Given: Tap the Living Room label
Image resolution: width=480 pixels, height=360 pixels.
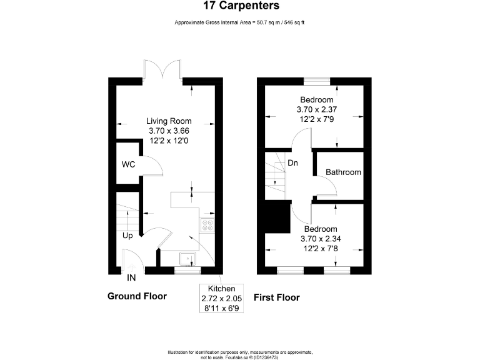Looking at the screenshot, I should (169, 121).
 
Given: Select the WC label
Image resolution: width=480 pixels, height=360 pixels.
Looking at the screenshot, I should (128, 165).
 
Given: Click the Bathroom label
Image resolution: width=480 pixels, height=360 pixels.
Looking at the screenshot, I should (343, 172).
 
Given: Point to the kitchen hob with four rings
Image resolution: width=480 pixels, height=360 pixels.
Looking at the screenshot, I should (207, 226).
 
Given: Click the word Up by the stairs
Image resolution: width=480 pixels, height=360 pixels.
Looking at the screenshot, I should (127, 236).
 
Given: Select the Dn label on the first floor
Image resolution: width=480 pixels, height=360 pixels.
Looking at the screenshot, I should (292, 163).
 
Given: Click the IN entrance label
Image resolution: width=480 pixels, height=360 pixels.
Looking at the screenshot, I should (132, 277).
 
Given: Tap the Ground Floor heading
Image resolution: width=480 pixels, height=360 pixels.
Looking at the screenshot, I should (137, 296).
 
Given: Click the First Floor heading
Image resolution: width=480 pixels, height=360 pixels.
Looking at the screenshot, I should (276, 297).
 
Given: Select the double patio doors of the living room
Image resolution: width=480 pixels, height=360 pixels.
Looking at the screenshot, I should (163, 69).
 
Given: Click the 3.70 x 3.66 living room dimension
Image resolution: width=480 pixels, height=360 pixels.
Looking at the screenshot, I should (169, 131).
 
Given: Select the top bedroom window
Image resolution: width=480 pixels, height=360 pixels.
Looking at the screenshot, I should (317, 80).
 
